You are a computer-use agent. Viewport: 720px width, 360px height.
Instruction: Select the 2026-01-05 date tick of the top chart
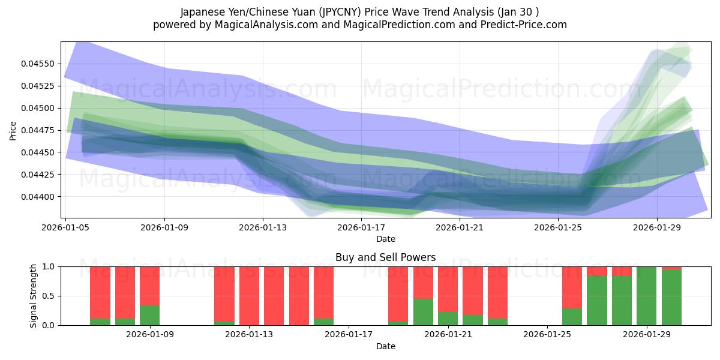click(x=67, y=227)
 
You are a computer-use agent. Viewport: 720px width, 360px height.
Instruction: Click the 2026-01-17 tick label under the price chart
click(x=362, y=227)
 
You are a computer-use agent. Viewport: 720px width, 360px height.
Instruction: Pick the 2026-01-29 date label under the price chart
click(x=657, y=227)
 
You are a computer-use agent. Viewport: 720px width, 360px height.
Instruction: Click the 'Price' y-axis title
click(x=13, y=130)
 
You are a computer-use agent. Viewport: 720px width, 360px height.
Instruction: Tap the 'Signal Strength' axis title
click(x=34, y=296)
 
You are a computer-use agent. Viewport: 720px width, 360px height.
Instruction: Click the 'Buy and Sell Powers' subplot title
click(x=385, y=257)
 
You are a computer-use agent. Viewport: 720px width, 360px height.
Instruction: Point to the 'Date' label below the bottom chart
click(x=385, y=346)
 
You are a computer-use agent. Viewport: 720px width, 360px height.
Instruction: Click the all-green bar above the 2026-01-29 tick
click(x=647, y=296)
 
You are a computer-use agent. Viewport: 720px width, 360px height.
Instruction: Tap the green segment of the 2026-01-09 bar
click(x=149, y=316)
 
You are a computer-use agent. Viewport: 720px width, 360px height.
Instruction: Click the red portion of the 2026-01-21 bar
click(x=448, y=288)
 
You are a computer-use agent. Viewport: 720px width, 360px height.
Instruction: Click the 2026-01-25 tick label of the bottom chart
click(x=548, y=334)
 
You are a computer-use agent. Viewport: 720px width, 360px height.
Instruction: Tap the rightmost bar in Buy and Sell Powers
click(x=671, y=298)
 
